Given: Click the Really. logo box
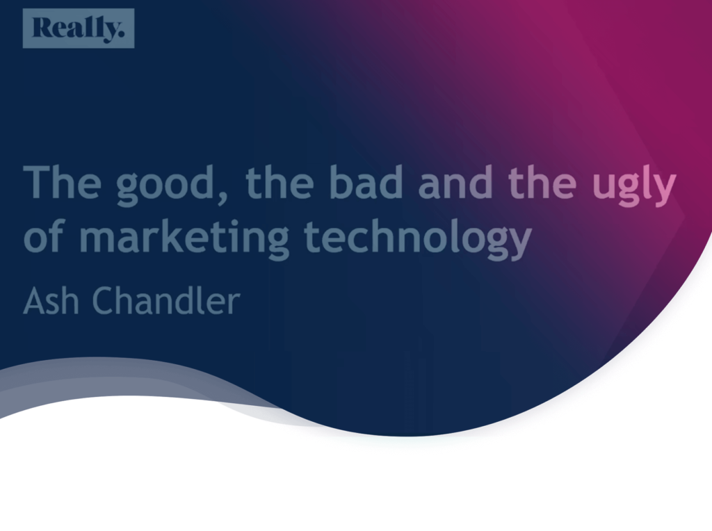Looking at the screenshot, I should click(x=78, y=28).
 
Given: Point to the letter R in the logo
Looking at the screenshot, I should click(x=42, y=28).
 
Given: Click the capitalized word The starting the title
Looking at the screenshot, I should click(x=63, y=182).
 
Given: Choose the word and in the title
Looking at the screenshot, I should click(x=456, y=182).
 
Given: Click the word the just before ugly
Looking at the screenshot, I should click(x=542, y=182).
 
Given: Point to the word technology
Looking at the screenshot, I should click(x=418, y=238).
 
